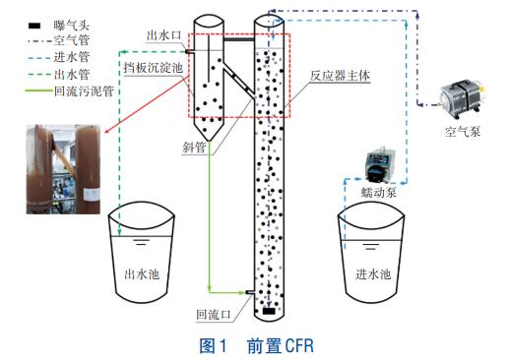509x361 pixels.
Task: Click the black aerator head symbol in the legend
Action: (x=34, y=25)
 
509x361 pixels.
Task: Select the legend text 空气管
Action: (x=72, y=40)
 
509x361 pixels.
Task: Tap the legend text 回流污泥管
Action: (x=84, y=90)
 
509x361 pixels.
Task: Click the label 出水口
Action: (x=163, y=35)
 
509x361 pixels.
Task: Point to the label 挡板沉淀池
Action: (x=154, y=68)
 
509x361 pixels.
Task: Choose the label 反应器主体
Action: (x=340, y=76)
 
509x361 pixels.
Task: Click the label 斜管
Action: (x=194, y=148)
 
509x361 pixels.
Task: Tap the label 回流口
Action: (x=214, y=315)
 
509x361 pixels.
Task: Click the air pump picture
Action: (x=462, y=98)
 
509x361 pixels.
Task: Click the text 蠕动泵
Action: (x=379, y=192)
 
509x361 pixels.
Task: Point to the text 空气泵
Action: (x=463, y=132)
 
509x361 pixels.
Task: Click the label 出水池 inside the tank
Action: (x=142, y=273)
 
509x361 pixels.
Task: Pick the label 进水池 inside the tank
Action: (x=373, y=273)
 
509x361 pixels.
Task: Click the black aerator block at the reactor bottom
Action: (x=269, y=311)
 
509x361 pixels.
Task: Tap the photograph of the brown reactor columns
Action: (x=63, y=169)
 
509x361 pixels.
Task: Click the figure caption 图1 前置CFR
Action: (x=257, y=345)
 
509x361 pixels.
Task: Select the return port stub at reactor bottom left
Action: (x=250, y=292)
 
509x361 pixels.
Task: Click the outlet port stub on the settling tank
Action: (x=189, y=51)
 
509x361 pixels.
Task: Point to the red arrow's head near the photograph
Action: (x=106, y=132)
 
